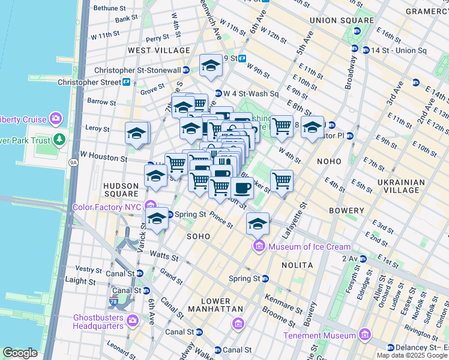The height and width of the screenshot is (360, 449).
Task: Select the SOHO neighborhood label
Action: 199,236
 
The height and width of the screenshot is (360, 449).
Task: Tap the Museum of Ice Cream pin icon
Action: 259,246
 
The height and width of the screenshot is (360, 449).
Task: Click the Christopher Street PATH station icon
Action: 127,82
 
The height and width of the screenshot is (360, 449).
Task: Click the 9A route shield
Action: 73,162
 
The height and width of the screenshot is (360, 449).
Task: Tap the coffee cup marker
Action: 242,188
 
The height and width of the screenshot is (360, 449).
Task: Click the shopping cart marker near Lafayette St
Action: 282,180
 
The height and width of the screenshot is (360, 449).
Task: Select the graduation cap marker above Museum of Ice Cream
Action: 258,224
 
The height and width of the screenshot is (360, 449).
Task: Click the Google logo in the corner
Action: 20,353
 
